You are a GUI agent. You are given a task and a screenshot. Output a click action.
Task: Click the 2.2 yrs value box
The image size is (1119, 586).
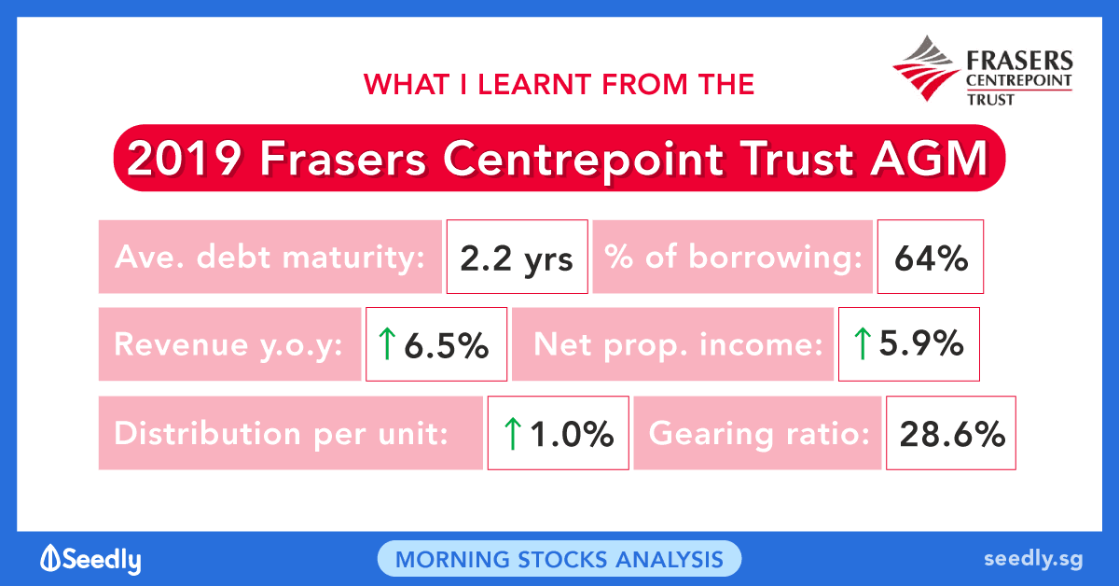coord(517,257)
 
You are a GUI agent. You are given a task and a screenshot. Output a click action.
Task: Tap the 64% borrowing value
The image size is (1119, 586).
coord(931,257)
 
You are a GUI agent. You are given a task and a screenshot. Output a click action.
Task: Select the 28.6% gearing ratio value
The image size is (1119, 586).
coord(951,433)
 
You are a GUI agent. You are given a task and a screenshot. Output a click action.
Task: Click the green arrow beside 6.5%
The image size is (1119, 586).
coord(387,343)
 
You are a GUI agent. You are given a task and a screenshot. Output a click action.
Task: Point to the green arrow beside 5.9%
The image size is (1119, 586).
coord(863,343)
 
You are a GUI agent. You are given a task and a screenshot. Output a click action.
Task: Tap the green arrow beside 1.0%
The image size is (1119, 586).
coord(513,434)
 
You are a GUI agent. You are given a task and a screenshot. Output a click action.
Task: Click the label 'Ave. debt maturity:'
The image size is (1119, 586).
coord(269,257)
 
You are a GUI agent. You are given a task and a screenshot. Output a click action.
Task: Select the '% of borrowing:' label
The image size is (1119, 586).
coord(733,257)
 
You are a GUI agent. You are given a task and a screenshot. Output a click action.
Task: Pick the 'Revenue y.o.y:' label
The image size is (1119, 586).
coord(228,345)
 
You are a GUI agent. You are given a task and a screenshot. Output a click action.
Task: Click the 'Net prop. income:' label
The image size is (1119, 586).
coord(679,345)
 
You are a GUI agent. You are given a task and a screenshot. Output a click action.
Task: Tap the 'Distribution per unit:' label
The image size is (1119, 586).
coord(282,433)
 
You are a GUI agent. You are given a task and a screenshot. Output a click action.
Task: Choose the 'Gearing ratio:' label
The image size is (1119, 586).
coord(759,433)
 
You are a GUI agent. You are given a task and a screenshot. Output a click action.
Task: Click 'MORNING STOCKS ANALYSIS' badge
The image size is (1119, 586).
coord(559,559)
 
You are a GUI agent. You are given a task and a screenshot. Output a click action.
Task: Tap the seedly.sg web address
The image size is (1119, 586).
coord(1033,560)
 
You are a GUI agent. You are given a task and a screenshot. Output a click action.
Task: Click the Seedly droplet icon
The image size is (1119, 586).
coord(50,557)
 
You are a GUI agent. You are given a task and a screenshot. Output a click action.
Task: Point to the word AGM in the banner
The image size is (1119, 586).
coord(929,159)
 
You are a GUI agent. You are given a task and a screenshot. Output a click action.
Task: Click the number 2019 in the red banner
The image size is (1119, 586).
coord(185,159)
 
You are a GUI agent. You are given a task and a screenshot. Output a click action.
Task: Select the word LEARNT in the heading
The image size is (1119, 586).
coord(534,84)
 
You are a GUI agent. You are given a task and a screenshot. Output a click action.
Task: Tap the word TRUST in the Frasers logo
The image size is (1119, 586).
coord(990,100)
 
